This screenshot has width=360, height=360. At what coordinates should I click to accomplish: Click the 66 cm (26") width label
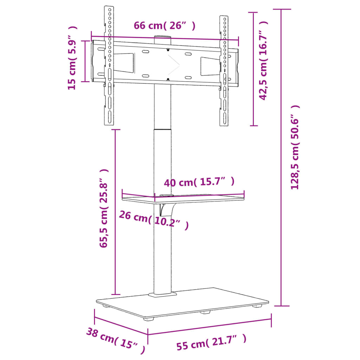coord(164,26)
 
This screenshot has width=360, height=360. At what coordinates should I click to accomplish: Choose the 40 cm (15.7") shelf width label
coord(199,182)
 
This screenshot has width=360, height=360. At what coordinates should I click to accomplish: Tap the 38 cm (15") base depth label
coord(116,340)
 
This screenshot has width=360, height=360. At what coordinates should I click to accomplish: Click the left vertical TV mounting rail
coord(109,67)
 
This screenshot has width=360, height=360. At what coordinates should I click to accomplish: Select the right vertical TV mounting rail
coord(224,70)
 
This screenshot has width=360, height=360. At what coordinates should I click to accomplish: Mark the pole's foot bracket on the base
coord(162,294)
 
